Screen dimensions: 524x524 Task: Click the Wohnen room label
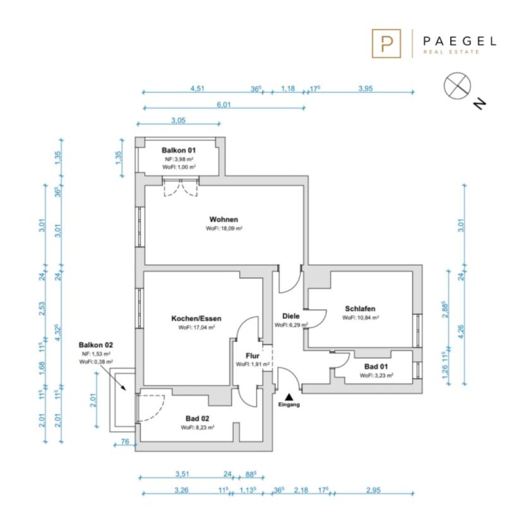pos(223,220)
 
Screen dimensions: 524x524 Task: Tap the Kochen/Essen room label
pos(196,318)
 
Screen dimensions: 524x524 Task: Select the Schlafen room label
pos(360,309)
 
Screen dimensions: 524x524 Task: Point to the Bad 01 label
pos(376,367)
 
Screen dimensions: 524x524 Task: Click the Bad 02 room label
pos(197,419)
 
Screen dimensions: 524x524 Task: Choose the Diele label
pos(291,316)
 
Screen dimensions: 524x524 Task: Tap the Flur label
pos(253,356)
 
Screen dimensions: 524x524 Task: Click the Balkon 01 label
pos(179,150)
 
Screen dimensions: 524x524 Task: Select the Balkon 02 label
pos(95,345)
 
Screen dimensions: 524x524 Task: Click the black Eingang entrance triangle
pos(289,397)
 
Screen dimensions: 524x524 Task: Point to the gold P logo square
pos(386,44)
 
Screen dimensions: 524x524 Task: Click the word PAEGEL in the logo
pos(460,42)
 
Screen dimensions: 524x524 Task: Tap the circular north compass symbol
pos(457,86)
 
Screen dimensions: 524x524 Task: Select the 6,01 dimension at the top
pos(224,105)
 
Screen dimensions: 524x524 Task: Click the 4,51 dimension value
pos(197,88)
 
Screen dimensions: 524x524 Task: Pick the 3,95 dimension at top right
pos(366,88)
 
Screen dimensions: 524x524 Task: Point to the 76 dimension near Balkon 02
pos(124,441)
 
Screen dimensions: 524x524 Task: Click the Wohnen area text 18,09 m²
pos(224,229)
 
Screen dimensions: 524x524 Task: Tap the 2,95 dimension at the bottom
pos(373,491)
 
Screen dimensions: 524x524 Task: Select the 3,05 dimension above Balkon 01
pos(178,121)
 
